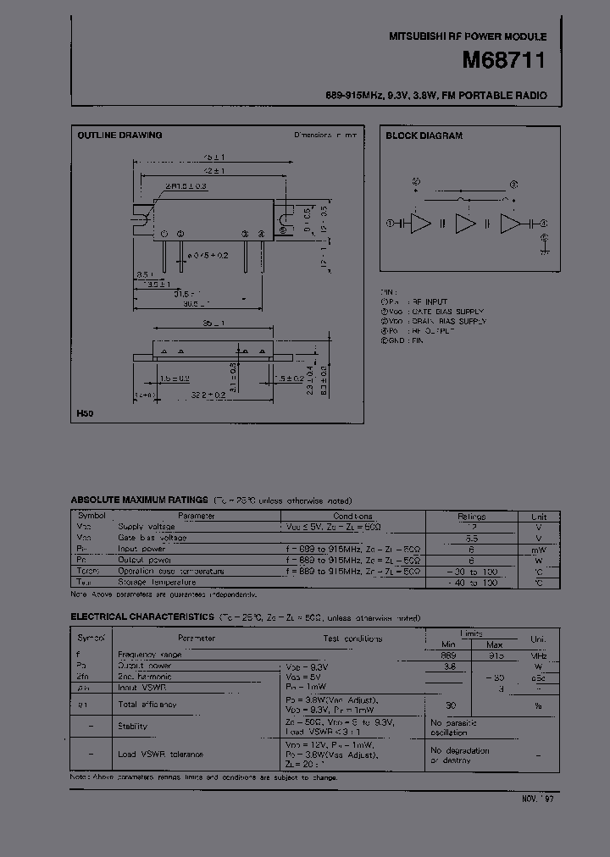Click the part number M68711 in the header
coord(504,61)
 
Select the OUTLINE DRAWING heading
coord(119,135)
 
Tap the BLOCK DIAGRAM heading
coord(424,135)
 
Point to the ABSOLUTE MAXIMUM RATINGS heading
coord(139,500)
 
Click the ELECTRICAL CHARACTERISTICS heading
coord(148,618)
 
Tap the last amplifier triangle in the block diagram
coord(512,224)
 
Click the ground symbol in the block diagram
coord(543,249)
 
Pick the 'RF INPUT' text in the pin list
coord(432,301)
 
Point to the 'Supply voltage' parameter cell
coord(145,527)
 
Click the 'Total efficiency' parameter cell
coord(147,705)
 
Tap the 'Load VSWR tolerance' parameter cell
coord(160,754)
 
